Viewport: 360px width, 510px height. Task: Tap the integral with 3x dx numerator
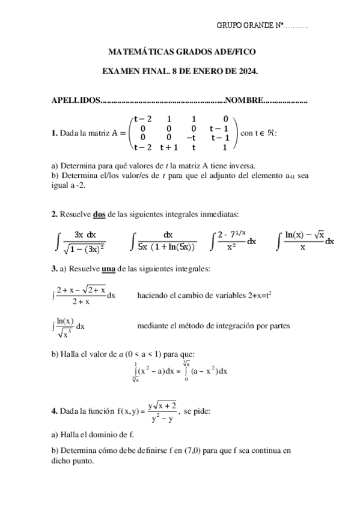coord(84,241)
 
